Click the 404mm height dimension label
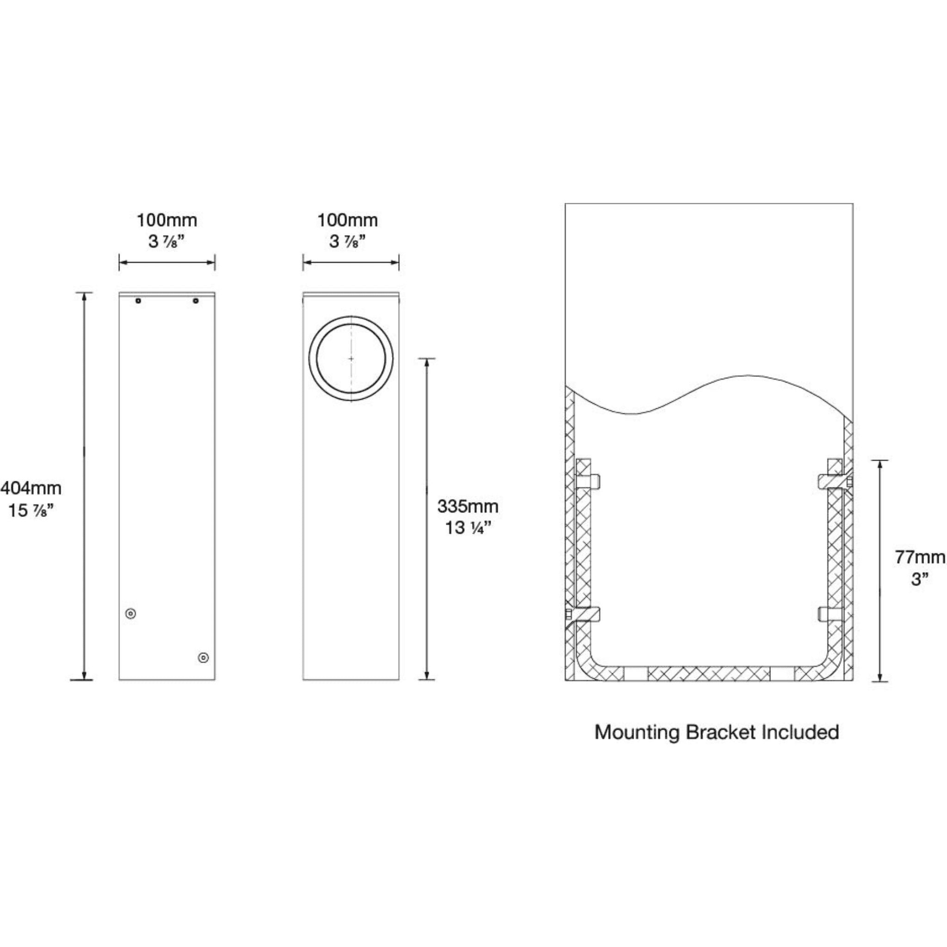[x=31, y=488]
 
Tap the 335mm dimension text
[x=467, y=506]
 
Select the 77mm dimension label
[x=920, y=557]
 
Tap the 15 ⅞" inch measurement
[x=31, y=511]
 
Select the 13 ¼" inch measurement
[x=467, y=528]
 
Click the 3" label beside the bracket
[x=920, y=579]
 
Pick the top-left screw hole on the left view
[x=138, y=301]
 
